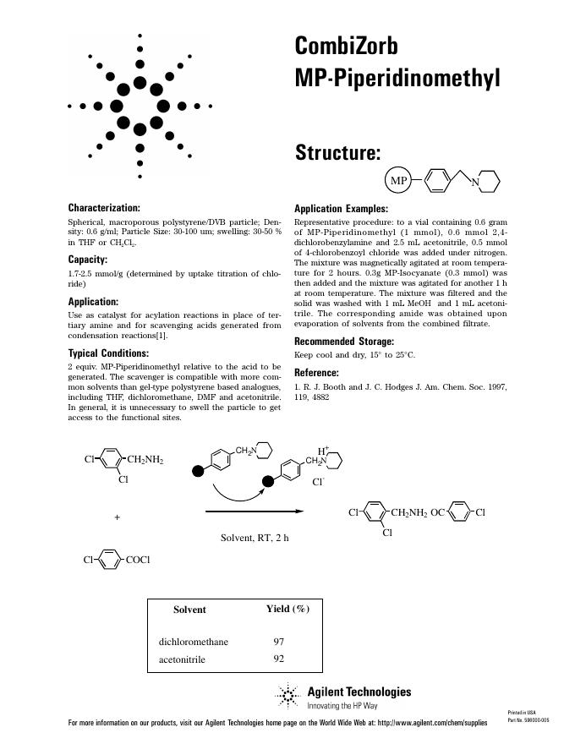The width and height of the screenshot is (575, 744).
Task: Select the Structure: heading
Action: (337, 153)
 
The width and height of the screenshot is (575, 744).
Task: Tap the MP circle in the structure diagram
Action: (398, 181)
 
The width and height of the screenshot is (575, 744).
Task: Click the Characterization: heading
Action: (104, 207)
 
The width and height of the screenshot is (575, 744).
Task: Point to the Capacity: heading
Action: (87, 260)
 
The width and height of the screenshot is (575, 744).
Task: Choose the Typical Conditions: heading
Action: (108, 353)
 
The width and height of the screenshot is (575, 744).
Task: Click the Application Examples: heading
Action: (341, 209)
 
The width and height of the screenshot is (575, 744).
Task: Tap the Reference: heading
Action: (317, 373)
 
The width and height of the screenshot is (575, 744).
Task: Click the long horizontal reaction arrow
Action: (254, 511)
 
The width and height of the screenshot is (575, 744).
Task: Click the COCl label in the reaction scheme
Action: (138, 560)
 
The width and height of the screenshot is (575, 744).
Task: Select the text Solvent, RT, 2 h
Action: (255, 538)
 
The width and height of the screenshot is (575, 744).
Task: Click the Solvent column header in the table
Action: (189, 609)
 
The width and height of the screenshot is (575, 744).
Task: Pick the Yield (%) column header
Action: (287, 609)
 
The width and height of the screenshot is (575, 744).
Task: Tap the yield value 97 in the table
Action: (278, 642)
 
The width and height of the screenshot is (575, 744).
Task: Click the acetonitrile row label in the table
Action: (182, 659)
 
